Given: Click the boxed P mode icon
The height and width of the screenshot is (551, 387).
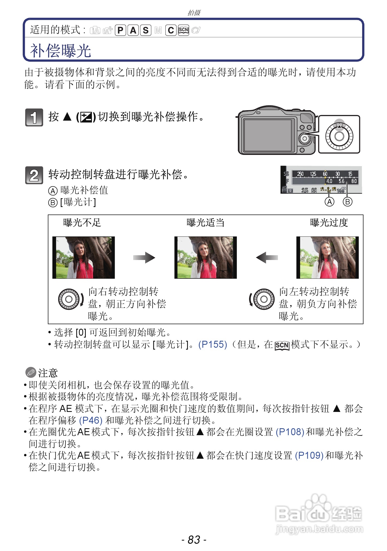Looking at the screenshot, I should click(120, 30).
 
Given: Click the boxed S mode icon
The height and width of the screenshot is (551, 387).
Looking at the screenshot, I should click(145, 30).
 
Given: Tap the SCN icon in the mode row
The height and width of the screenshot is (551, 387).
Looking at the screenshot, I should click(183, 30).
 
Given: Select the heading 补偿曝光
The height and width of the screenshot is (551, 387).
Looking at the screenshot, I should click(61, 51).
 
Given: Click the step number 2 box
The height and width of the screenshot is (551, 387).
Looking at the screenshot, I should click(34, 175).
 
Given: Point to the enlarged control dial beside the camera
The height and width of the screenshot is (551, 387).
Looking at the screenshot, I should click(339, 136).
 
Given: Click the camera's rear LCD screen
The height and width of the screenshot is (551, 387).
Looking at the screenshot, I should click(268, 136).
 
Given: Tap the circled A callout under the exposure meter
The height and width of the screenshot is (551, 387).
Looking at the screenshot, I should click(330, 202).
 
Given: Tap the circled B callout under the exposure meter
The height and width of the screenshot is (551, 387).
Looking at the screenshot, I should click(347, 202).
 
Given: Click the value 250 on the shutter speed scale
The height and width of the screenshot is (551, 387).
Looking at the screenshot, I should click(300, 174).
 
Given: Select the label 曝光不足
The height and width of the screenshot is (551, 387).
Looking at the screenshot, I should click(82, 223).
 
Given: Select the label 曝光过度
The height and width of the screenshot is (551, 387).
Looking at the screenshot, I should click(329, 223).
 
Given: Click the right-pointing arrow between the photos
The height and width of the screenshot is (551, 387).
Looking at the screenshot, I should click(144, 258).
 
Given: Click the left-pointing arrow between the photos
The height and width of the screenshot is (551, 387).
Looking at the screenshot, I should click(267, 258).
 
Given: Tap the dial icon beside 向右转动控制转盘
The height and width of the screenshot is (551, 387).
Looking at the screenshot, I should click(69, 299).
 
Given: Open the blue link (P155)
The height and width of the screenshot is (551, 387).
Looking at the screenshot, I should click(212, 345).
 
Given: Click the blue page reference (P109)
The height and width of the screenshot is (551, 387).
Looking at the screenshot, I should click(309, 455).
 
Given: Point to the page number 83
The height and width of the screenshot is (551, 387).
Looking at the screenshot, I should click(194, 540).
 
